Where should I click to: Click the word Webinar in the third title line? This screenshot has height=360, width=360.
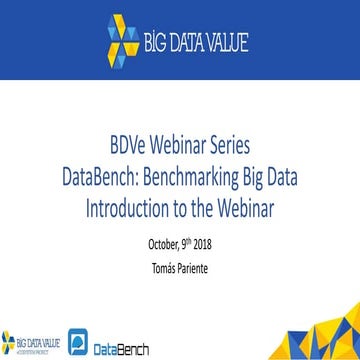[241, 187]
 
